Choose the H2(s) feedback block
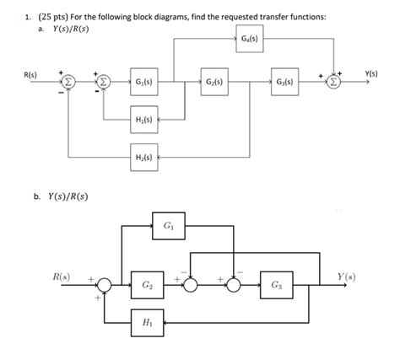point(143,157)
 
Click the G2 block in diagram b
point(147,285)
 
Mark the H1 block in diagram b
point(147,322)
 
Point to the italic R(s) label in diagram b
point(60,276)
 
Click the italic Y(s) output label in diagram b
point(346,276)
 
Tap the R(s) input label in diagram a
point(31,74)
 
